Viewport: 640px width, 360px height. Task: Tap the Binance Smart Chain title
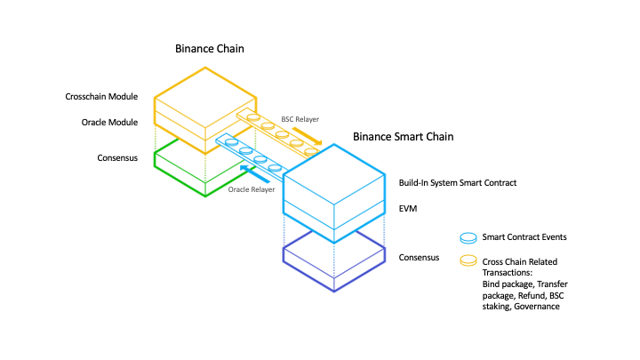click(404, 137)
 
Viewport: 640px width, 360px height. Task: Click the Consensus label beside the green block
click(117, 158)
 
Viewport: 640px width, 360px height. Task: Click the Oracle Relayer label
click(252, 189)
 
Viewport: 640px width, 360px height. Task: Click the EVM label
click(409, 208)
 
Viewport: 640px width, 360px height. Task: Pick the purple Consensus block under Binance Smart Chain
click(333, 263)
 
